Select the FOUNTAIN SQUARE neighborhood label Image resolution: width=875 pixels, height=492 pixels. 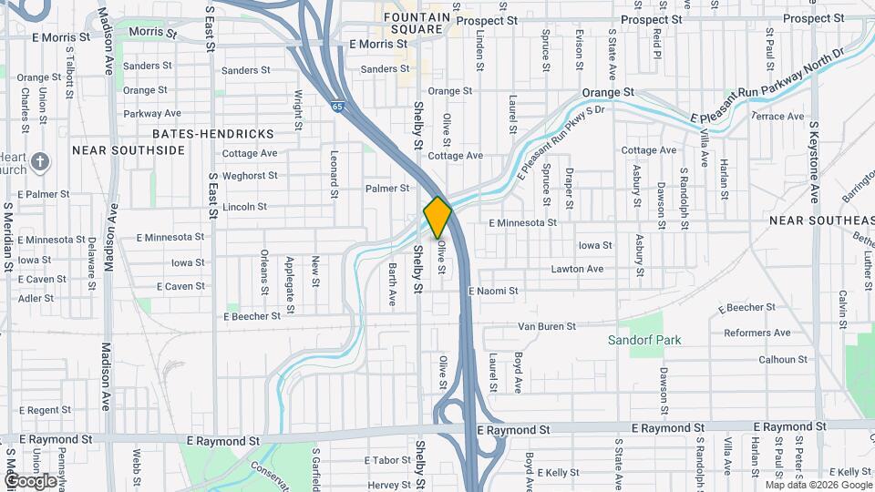click(x=417, y=23)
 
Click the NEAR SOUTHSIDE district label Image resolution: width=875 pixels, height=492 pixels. click(x=128, y=150)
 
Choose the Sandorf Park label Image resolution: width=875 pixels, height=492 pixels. click(x=645, y=341)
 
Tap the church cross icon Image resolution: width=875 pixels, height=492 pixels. click(x=40, y=162)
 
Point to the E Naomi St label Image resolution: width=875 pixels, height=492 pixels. click(x=492, y=292)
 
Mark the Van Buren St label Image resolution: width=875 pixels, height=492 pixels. click(x=547, y=326)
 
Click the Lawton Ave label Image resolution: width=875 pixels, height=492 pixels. click(x=577, y=270)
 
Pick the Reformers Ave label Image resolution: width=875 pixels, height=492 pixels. click(x=757, y=333)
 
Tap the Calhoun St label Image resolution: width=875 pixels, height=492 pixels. click(x=783, y=360)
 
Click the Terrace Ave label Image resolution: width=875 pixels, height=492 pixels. click(x=777, y=117)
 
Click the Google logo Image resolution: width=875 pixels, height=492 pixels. click(x=30, y=480)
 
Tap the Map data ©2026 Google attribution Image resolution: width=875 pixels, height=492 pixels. click(x=819, y=485)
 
